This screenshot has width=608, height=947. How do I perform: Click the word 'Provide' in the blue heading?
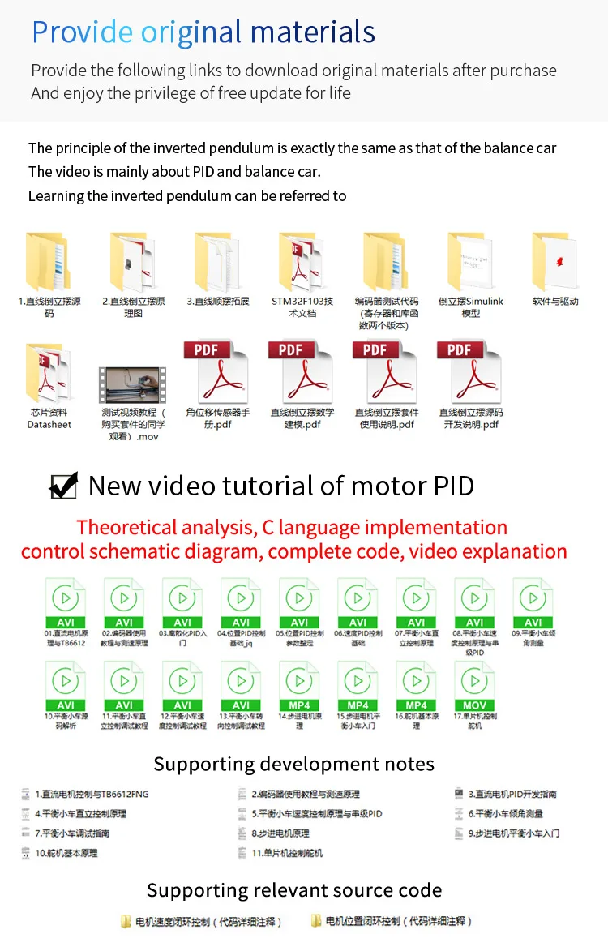click(x=82, y=32)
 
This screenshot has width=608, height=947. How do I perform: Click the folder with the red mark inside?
click(x=555, y=262)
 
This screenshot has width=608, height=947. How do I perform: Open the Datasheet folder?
click(x=49, y=374)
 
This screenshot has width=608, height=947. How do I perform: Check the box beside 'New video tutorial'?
click(x=64, y=485)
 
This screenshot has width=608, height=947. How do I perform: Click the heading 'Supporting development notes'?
click(x=293, y=764)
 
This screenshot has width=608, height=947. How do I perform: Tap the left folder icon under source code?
click(x=126, y=921)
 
